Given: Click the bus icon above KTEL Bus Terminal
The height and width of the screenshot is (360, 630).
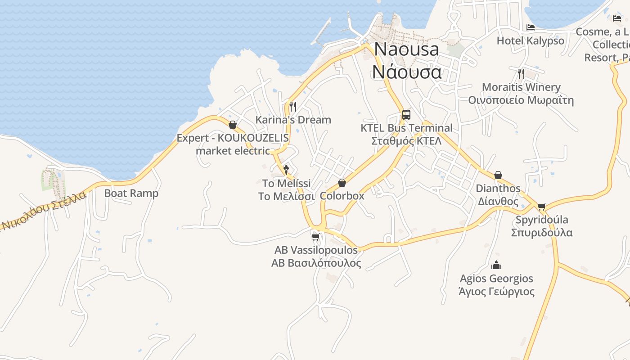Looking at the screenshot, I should point(406,114).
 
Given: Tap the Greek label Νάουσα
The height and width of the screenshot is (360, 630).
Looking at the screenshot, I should point(407,72).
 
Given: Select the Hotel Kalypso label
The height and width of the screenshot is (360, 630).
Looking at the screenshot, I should point(530,40).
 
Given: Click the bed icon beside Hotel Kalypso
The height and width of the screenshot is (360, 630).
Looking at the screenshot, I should point(531,27).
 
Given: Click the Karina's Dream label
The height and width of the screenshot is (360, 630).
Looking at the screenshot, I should point(293,120).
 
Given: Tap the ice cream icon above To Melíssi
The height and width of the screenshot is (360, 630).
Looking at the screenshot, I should point(286,170).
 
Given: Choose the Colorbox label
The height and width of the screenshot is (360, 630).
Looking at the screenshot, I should point(342,196).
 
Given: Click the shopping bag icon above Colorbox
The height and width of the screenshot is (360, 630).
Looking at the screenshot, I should point(342,183).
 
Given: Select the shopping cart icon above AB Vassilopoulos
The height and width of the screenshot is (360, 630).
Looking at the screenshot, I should point(316,237).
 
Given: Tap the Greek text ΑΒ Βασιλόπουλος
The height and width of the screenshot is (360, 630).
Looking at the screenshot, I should point(316,263).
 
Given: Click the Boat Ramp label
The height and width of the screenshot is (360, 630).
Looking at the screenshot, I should point(131,193).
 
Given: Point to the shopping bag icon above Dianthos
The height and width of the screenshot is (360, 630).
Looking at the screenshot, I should point(498,175).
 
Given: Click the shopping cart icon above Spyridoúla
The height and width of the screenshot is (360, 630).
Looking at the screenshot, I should point(541,207).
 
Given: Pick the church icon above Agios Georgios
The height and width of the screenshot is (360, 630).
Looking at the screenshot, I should point(497,265).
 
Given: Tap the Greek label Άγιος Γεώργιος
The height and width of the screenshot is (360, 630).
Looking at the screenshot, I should point(496,292).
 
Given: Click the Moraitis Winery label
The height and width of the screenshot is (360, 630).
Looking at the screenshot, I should point(521,87).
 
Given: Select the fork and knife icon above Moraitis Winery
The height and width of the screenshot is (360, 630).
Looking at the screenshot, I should point(521,73).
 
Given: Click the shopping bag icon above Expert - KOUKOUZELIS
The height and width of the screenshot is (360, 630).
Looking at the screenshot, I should point(233,125).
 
